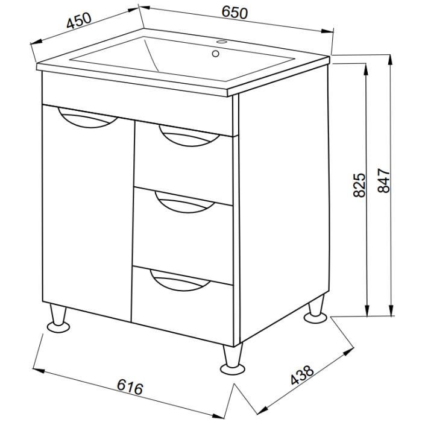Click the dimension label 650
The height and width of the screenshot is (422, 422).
[x=234, y=13]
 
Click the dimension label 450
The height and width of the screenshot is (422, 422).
[x=79, y=20]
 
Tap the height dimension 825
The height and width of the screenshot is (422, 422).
[x=359, y=185]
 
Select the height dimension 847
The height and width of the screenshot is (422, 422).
[x=383, y=181]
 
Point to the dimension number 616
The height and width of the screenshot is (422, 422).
[x=130, y=387]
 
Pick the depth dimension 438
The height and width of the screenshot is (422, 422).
[x=302, y=375]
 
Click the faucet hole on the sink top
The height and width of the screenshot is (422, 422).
[x=222, y=42]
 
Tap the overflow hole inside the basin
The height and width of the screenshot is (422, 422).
[x=215, y=54]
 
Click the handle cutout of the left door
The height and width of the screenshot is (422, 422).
[x=87, y=119]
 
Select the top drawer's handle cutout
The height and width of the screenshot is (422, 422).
[x=189, y=137]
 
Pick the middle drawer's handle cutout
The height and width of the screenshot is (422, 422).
[x=186, y=203]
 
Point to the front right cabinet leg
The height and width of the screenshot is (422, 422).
[x=233, y=359]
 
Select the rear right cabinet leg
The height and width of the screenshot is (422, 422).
[x=316, y=309]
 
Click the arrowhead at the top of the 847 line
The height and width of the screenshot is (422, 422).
[x=390, y=60]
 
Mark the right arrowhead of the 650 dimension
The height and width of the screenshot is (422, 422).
[x=327, y=31]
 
